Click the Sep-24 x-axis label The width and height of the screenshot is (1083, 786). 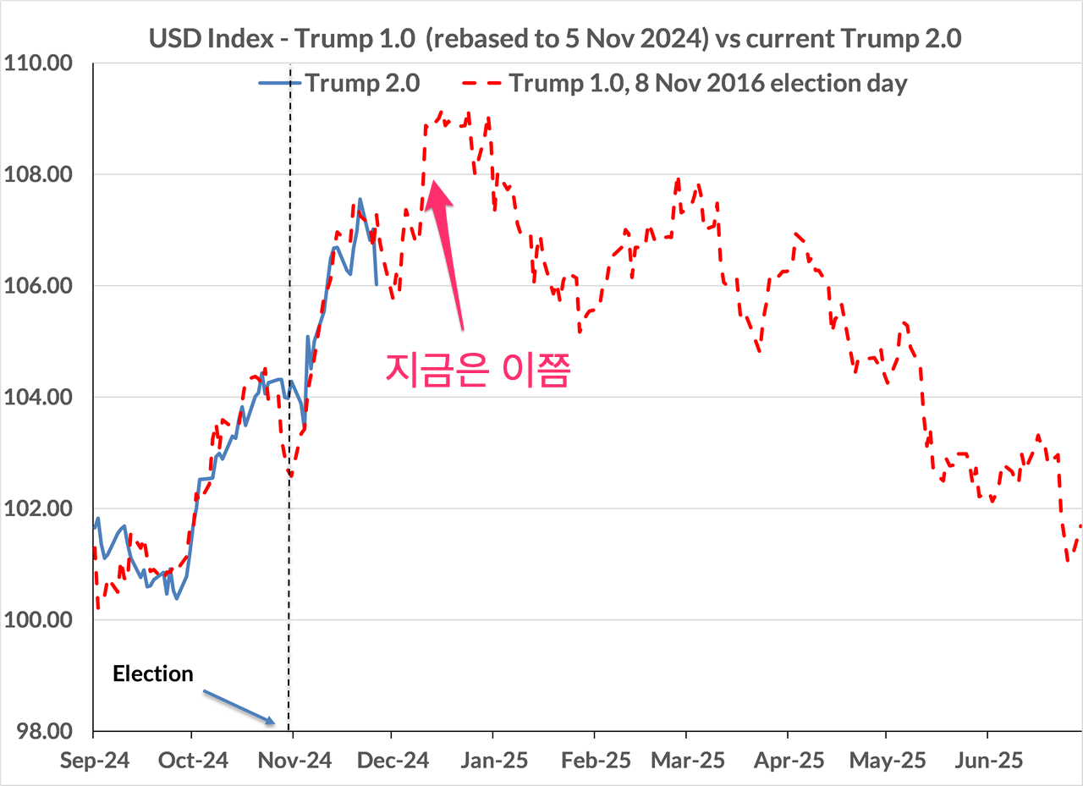[x=94, y=760]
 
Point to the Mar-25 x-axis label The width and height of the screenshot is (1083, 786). [x=687, y=760]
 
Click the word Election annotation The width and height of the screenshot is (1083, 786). [x=153, y=674]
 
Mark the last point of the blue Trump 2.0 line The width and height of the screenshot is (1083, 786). [x=377, y=285]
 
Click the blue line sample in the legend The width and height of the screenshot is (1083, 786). [x=279, y=83]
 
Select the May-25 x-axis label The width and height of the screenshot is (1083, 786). [x=887, y=760]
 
